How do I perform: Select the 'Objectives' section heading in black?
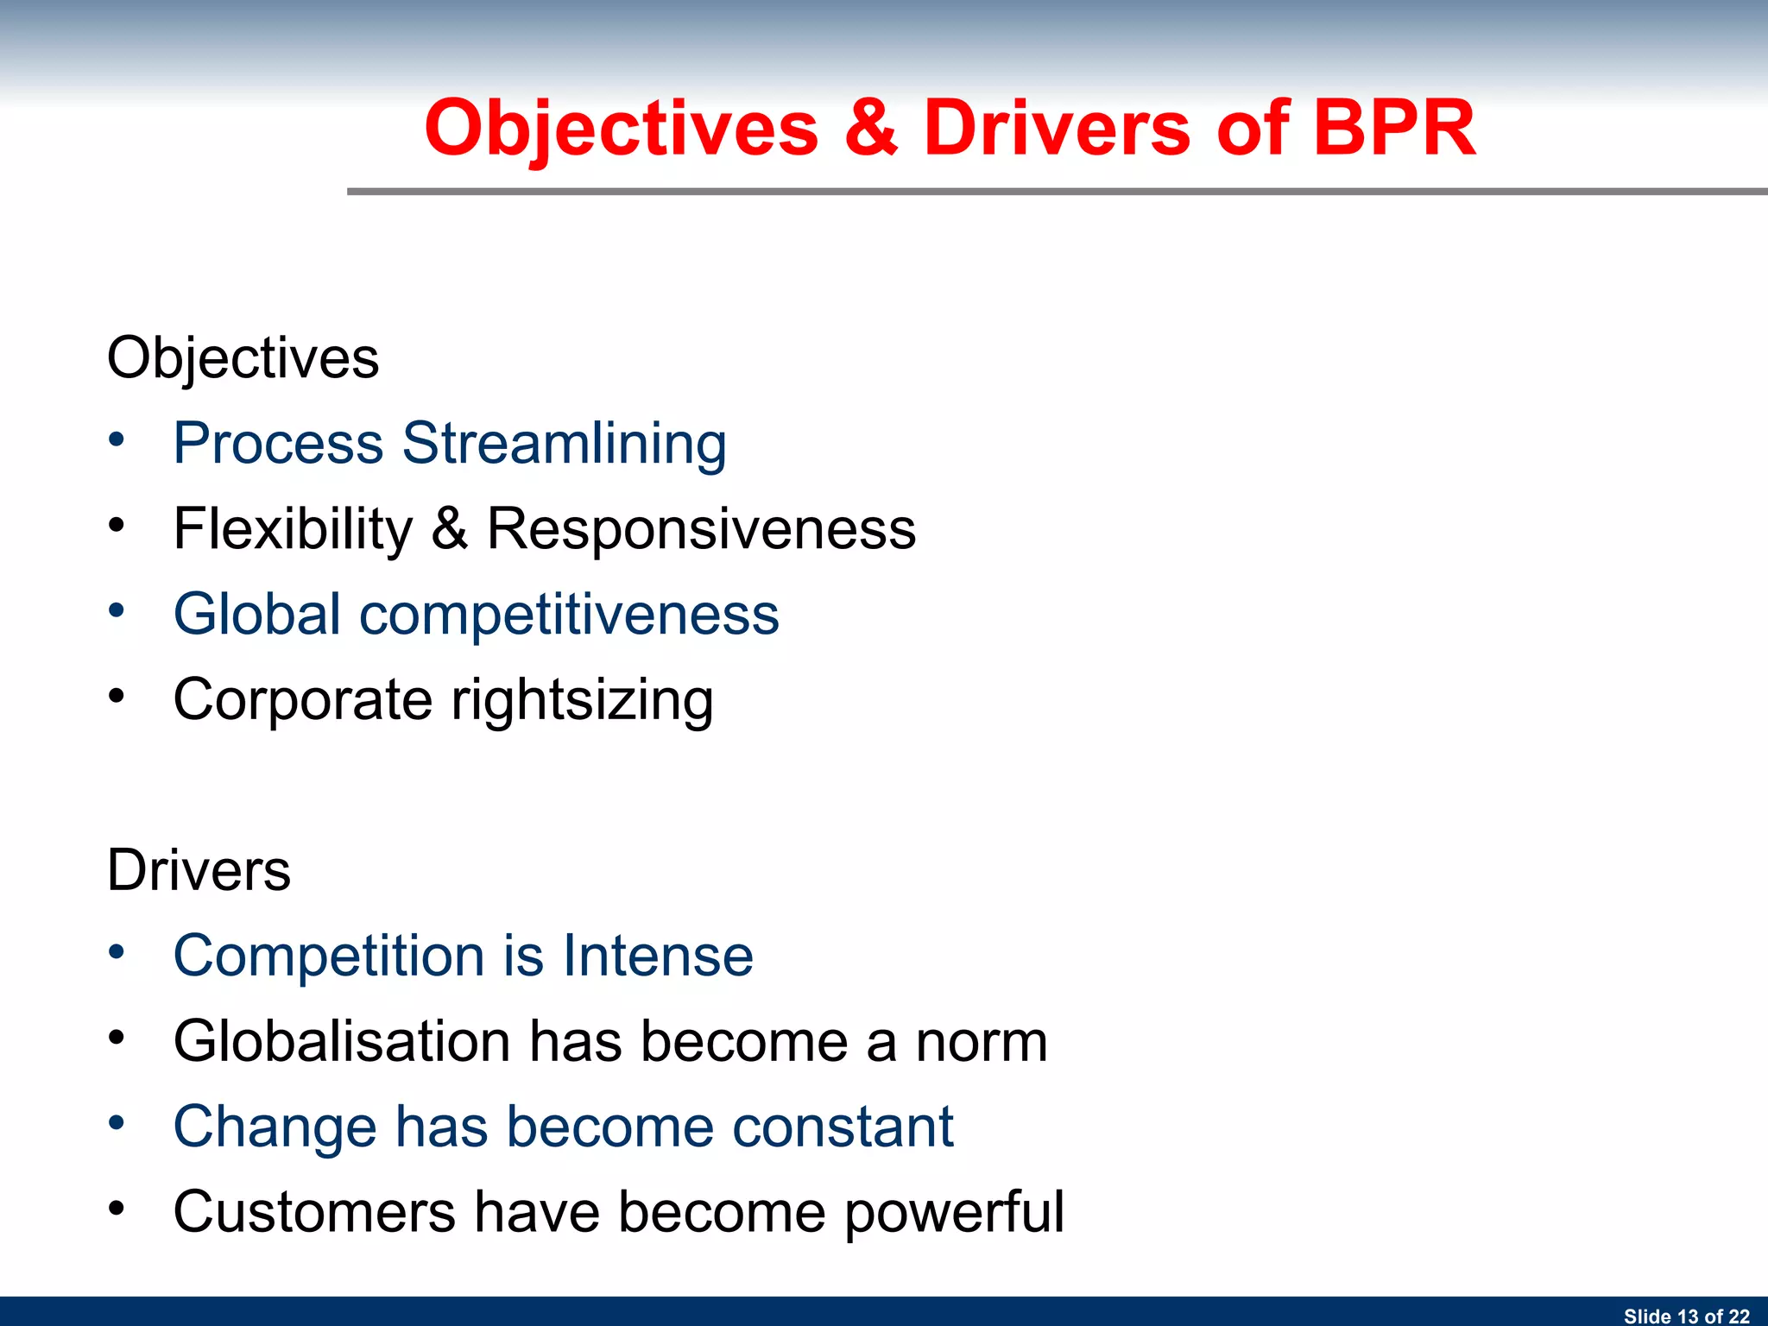pyautogui.click(x=243, y=358)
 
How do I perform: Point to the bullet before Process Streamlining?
pyautogui.click(x=117, y=439)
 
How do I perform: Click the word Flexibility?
pyautogui.click(x=294, y=528)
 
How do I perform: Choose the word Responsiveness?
pyautogui.click(x=701, y=528)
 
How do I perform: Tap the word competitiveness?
pyautogui.click(x=569, y=615)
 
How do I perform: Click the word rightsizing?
pyautogui.click(x=582, y=699)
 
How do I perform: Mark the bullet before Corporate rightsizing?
pyautogui.click(x=117, y=695)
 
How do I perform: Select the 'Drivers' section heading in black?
pyautogui.click(x=199, y=870)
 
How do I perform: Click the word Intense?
pyautogui.click(x=658, y=956)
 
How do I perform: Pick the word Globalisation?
pyautogui.click(x=342, y=1041)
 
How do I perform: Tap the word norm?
pyautogui.click(x=981, y=1041)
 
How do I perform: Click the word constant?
pyautogui.click(x=843, y=1127)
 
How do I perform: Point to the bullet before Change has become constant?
pyautogui.click(x=117, y=1123)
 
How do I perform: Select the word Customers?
pyautogui.click(x=314, y=1211)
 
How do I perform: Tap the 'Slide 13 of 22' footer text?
pyautogui.click(x=1686, y=1316)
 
